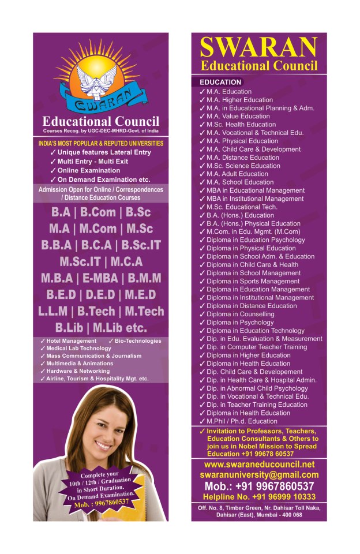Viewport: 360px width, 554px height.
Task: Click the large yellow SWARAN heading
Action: click(x=259, y=46)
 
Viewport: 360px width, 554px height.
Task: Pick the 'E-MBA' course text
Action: click(x=103, y=278)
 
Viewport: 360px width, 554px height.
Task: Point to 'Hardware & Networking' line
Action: click(x=74, y=371)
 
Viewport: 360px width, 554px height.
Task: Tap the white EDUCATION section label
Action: click(x=220, y=83)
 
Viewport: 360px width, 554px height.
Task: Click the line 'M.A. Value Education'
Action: click(x=238, y=116)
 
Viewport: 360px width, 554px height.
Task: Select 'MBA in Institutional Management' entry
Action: click(x=255, y=199)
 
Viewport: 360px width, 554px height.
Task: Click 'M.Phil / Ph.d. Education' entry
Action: click(x=242, y=421)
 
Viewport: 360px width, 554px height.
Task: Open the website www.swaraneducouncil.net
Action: click(x=259, y=464)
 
